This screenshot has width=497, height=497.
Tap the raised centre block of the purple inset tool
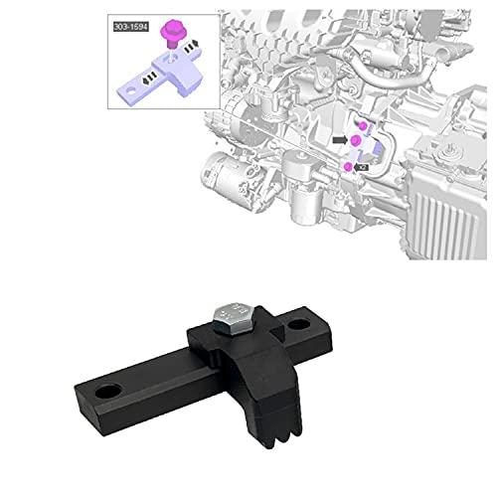[x=175, y=61]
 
